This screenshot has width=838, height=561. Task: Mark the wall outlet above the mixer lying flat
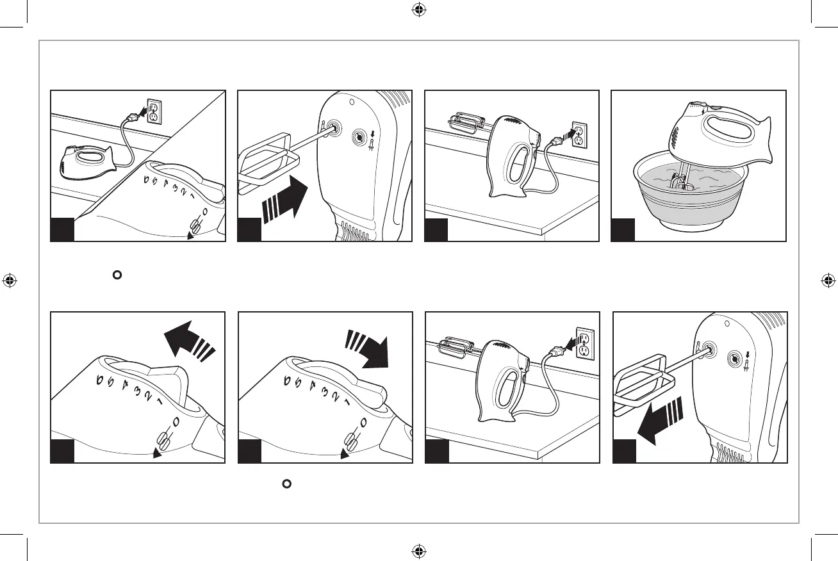(x=153, y=110)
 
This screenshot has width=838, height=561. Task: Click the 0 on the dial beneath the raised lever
(x=174, y=422)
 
